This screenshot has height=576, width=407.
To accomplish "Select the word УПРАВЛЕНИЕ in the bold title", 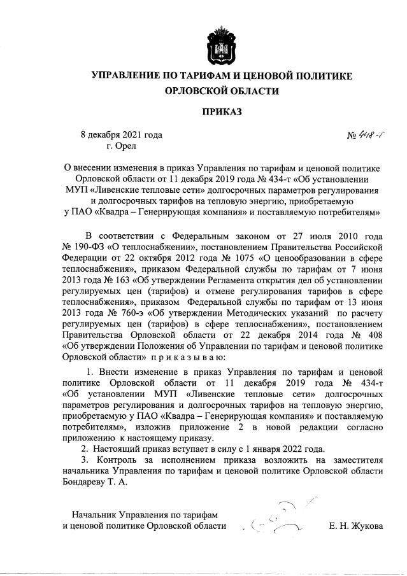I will click(x=132, y=75).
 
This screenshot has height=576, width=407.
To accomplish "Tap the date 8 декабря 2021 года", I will click(x=121, y=135).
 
